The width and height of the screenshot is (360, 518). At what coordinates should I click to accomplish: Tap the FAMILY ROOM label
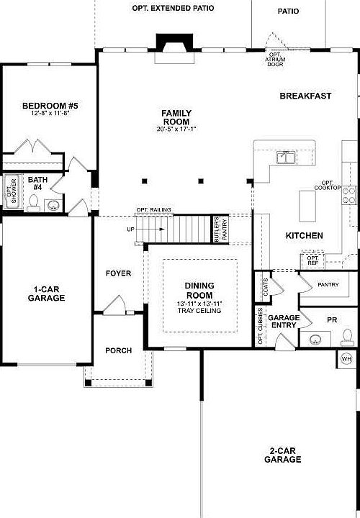[176, 117]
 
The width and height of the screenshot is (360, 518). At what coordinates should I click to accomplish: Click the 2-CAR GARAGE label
[282, 455]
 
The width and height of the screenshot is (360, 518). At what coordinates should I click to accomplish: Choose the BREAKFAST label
[305, 96]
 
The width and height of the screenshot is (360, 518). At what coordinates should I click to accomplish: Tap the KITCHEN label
[304, 235]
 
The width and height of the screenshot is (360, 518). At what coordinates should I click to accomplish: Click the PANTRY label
[328, 284]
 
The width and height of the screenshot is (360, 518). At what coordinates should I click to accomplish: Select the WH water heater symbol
[346, 358]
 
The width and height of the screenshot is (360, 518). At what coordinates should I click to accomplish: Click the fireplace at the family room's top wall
[174, 45]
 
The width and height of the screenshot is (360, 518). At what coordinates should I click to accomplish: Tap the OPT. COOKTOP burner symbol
[348, 192]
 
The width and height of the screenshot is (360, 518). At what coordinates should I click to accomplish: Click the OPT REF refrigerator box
[312, 260]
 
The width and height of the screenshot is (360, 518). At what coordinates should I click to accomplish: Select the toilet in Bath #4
[33, 206]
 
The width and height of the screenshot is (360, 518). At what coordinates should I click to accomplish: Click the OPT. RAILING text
[154, 210]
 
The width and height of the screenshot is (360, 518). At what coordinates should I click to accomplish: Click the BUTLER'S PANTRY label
[216, 229]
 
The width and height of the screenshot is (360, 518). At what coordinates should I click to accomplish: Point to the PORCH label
[118, 350]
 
